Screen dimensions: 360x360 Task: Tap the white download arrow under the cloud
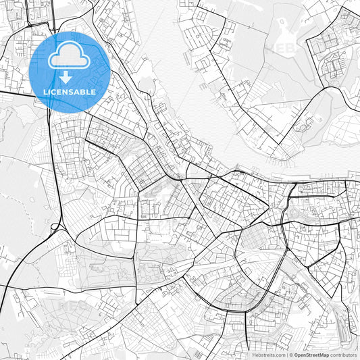click(69, 76)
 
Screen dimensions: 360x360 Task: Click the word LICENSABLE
click(70, 91)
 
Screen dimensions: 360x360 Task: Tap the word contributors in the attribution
click(344, 354)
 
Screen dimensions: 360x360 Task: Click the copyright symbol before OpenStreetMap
click(291, 354)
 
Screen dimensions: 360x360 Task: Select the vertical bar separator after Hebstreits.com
click(286, 354)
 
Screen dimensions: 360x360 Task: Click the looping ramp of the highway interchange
click(55, 228)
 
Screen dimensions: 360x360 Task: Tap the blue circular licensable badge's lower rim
click(70, 109)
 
